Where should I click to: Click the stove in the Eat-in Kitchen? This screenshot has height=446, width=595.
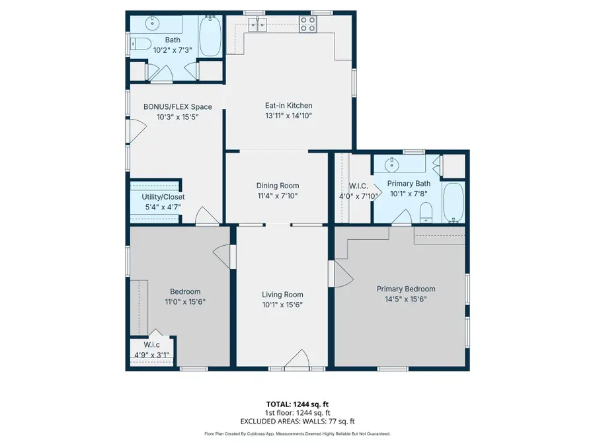[308, 24]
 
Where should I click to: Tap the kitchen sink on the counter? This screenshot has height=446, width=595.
[258, 24]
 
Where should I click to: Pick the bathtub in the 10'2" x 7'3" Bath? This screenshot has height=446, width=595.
[211, 36]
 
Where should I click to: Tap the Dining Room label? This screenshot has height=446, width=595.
[278, 186]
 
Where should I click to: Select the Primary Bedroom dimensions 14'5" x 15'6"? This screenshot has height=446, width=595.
[406, 299]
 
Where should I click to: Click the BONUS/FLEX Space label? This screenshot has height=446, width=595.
[178, 106]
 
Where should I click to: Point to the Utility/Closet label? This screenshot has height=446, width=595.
[163, 197]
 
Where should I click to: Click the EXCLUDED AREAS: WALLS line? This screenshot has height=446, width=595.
[297, 420]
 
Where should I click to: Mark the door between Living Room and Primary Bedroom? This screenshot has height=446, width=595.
[338, 272]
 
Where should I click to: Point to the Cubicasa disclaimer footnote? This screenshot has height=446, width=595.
[297, 433]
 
